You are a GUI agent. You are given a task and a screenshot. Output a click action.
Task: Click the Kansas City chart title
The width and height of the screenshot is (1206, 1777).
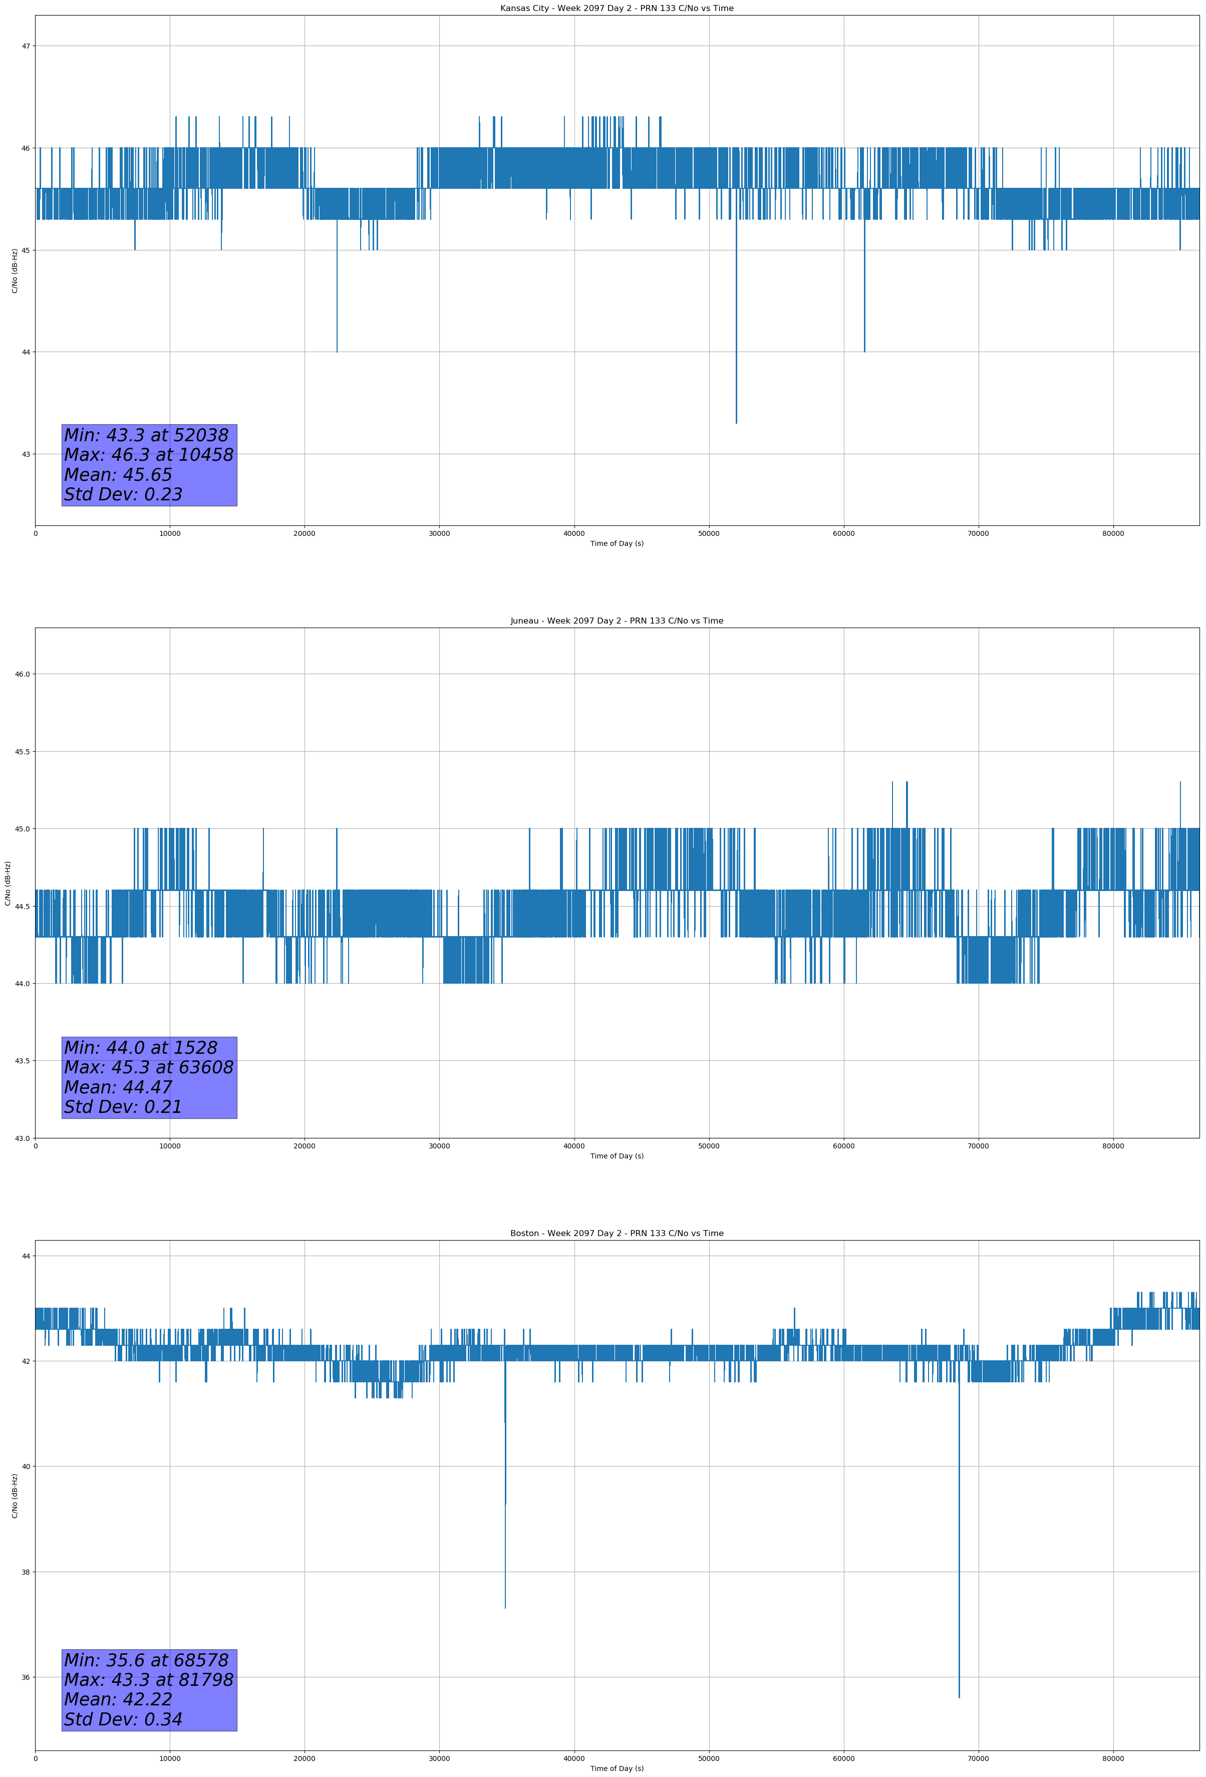tap(617, 9)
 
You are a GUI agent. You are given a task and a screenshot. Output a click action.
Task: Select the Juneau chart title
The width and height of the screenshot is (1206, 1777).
tap(617, 621)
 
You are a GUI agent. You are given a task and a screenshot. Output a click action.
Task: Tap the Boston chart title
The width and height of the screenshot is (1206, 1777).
tap(617, 1234)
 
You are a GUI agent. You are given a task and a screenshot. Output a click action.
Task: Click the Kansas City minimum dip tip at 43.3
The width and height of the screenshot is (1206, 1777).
tap(736, 423)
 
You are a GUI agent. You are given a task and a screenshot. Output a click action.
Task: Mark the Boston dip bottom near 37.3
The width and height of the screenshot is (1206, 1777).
tap(505, 1608)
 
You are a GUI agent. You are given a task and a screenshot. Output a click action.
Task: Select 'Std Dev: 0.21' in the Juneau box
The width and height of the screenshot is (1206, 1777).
tap(123, 1107)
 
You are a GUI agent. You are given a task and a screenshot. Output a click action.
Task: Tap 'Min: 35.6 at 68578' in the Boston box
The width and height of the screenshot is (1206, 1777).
tap(146, 1660)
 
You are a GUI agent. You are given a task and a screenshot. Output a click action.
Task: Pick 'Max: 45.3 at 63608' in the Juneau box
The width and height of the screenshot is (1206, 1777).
tap(148, 1067)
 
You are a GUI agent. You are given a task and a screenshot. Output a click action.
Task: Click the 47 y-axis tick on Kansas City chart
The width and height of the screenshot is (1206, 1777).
tap(26, 46)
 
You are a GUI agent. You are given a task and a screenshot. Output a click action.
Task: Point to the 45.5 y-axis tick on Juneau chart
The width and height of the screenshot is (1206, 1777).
tap(22, 752)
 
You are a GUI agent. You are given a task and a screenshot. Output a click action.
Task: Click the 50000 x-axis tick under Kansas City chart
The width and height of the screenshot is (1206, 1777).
tap(709, 534)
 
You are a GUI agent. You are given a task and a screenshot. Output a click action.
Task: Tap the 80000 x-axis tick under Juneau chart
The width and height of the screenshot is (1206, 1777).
tap(1113, 1146)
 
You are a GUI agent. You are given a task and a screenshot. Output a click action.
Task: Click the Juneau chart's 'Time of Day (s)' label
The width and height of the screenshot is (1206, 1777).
tap(617, 1156)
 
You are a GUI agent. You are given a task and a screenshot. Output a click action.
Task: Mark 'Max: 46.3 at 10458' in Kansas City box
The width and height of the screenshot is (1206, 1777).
tap(148, 455)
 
